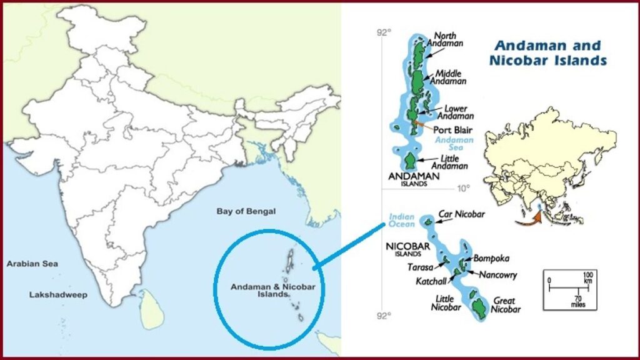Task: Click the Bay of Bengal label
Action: (x=246, y=211)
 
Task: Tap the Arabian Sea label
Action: (x=32, y=264)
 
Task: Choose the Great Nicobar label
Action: (x=506, y=305)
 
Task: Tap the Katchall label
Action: (x=431, y=281)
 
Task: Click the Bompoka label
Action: (x=492, y=257)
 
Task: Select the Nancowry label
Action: (x=498, y=274)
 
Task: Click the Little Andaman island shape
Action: (x=410, y=161)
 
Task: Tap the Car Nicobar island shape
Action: (x=428, y=221)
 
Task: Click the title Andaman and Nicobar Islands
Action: (x=549, y=53)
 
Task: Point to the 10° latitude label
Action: (x=462, y=188)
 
